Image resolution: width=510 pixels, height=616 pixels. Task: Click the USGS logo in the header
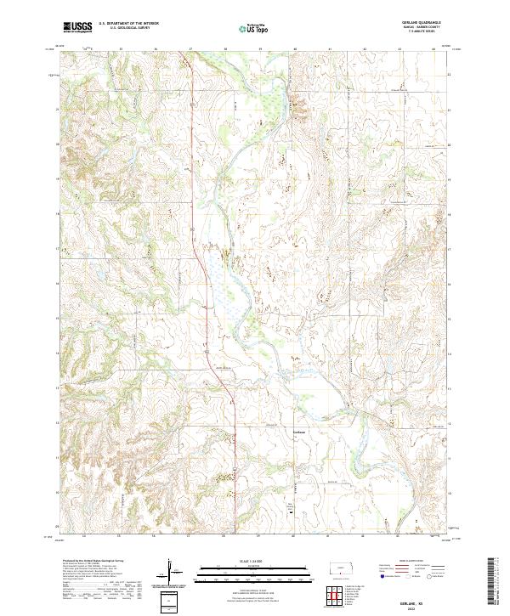pos(77,27)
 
